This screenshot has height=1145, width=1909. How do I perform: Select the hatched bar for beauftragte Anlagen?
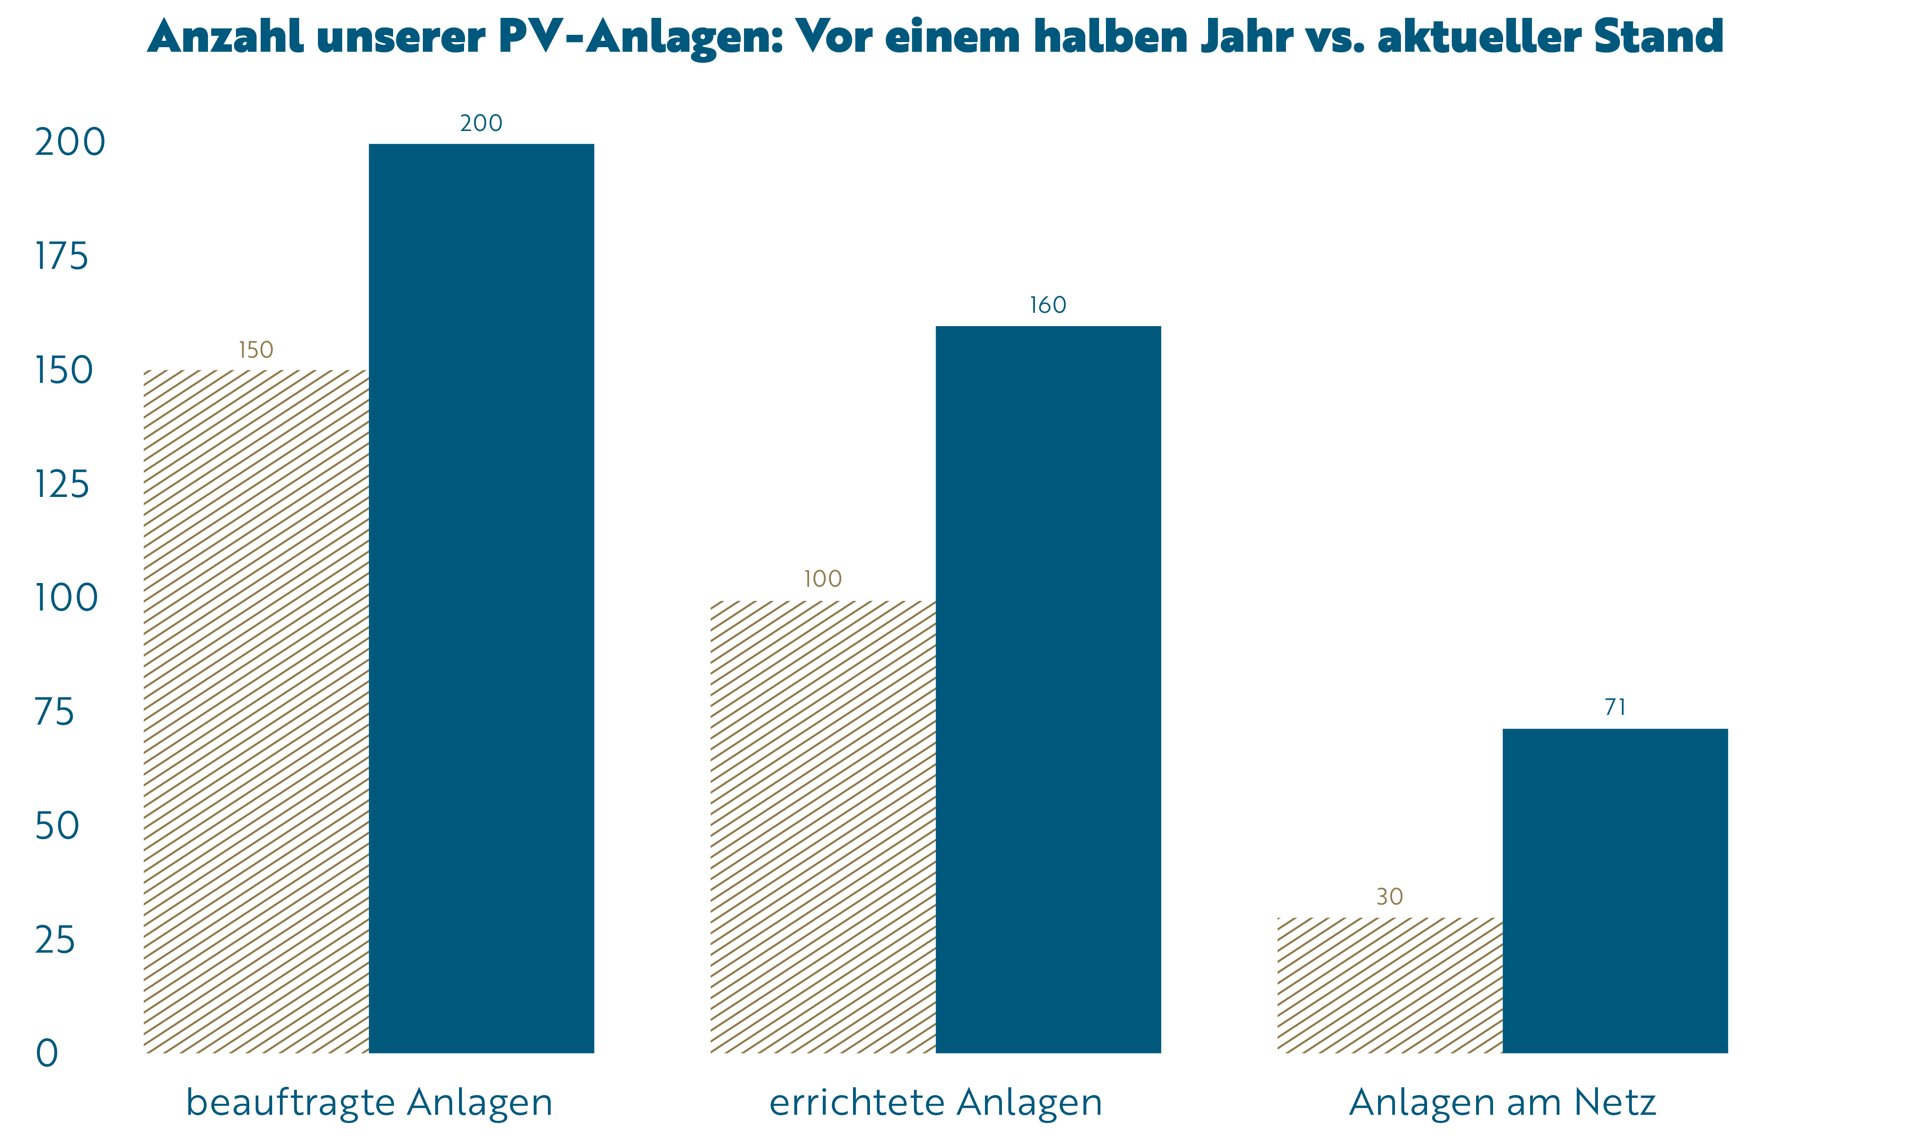point(256,711)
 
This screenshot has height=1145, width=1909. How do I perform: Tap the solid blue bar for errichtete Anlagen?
point(1048,689)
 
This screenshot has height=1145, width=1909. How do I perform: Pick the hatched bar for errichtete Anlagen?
point(822,826)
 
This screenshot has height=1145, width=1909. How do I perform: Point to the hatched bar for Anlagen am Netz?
point(1389,985)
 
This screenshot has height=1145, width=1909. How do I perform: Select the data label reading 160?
point(1048,305)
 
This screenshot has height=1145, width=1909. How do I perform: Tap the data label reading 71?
point(1615,708)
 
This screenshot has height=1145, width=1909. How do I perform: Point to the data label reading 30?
point(1389,897)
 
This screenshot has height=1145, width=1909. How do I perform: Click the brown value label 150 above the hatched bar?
point(256,350)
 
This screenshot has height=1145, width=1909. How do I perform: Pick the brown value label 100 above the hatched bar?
point(822,578)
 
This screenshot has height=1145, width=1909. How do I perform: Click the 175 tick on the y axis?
point(62,256)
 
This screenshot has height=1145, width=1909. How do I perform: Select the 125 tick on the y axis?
point(62,485)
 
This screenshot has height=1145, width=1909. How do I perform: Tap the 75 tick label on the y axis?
point(55,712)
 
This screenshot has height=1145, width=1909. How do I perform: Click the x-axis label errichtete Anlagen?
point(935,1102)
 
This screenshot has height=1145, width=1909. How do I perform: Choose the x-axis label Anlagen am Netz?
point(1502,1102)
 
